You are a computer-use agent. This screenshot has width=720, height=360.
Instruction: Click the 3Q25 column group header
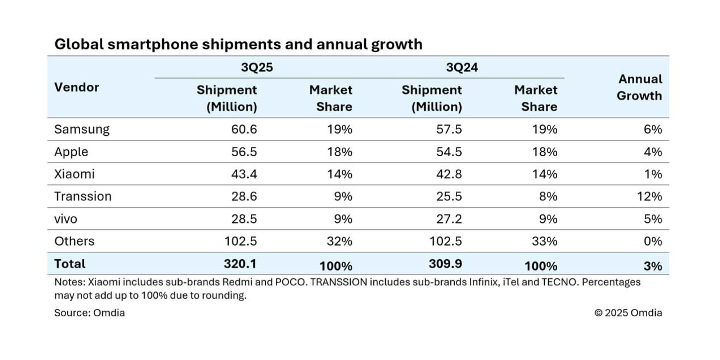click(x=257, y=67)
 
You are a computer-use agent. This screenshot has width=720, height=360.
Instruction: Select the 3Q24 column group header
click(x=462, y=67)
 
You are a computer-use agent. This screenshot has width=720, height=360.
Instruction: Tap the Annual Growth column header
click(x=639, y=87)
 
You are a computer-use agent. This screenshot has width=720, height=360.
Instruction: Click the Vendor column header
click(x=77, y=87)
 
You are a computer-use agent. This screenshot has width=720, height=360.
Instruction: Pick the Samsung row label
click(x=82, y=129)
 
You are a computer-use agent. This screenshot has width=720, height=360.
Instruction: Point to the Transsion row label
click(x=83, y=197)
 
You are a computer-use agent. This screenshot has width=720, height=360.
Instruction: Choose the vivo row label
click(x=66, y=219)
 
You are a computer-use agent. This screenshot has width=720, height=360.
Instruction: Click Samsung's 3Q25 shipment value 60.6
click(x=244, y=129)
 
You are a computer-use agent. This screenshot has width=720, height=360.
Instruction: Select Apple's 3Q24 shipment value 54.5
click(x=449, y=152)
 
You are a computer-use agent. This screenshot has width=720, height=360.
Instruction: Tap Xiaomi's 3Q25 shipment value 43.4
click(x=244, y=174)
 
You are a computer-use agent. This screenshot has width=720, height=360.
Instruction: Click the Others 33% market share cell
click(x=544, y=241)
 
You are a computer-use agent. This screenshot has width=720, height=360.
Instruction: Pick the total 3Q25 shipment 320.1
click(x=240, y=264)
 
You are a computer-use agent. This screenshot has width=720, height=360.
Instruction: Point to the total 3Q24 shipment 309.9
click(x=445, y=264)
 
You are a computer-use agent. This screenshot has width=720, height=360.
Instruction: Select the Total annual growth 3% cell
click(x=653, y=266)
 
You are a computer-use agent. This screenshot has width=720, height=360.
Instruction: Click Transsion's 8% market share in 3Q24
click(x=548, y=197)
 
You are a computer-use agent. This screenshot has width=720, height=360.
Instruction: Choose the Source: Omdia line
click(x=89, y=313)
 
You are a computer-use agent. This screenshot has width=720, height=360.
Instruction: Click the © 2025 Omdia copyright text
click(x=628, y=313)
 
